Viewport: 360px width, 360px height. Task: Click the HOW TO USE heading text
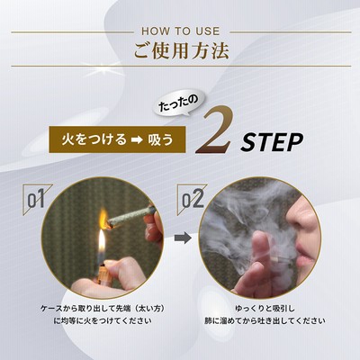pos(181,31)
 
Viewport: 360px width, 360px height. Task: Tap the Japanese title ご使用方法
pos(181,50)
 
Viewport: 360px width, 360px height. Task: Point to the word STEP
pos(272,142)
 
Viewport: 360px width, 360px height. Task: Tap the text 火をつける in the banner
pos(94,139)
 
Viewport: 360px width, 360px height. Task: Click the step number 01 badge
pos(37,199)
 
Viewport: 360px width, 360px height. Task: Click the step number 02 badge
pos(192,199)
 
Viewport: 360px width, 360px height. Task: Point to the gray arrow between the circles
pos(183,238)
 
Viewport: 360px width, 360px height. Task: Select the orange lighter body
pos(104,275)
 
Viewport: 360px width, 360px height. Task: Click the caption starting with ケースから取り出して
pos(103,308)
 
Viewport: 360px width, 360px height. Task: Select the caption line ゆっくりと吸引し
pos(265,308)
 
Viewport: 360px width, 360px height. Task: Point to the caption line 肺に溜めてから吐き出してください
pos(265,320)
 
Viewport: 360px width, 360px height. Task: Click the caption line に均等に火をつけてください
pos(103,320)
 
